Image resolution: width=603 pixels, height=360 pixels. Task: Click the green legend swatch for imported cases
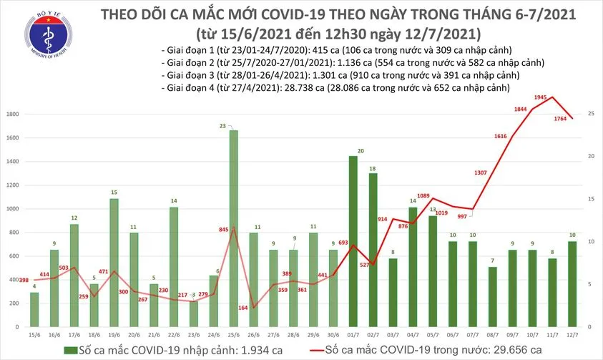point(69,349)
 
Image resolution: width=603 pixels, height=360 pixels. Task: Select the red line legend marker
point(315,349)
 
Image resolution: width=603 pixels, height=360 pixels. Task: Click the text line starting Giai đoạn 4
point(335,88)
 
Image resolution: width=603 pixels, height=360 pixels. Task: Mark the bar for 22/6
point(174,265)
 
